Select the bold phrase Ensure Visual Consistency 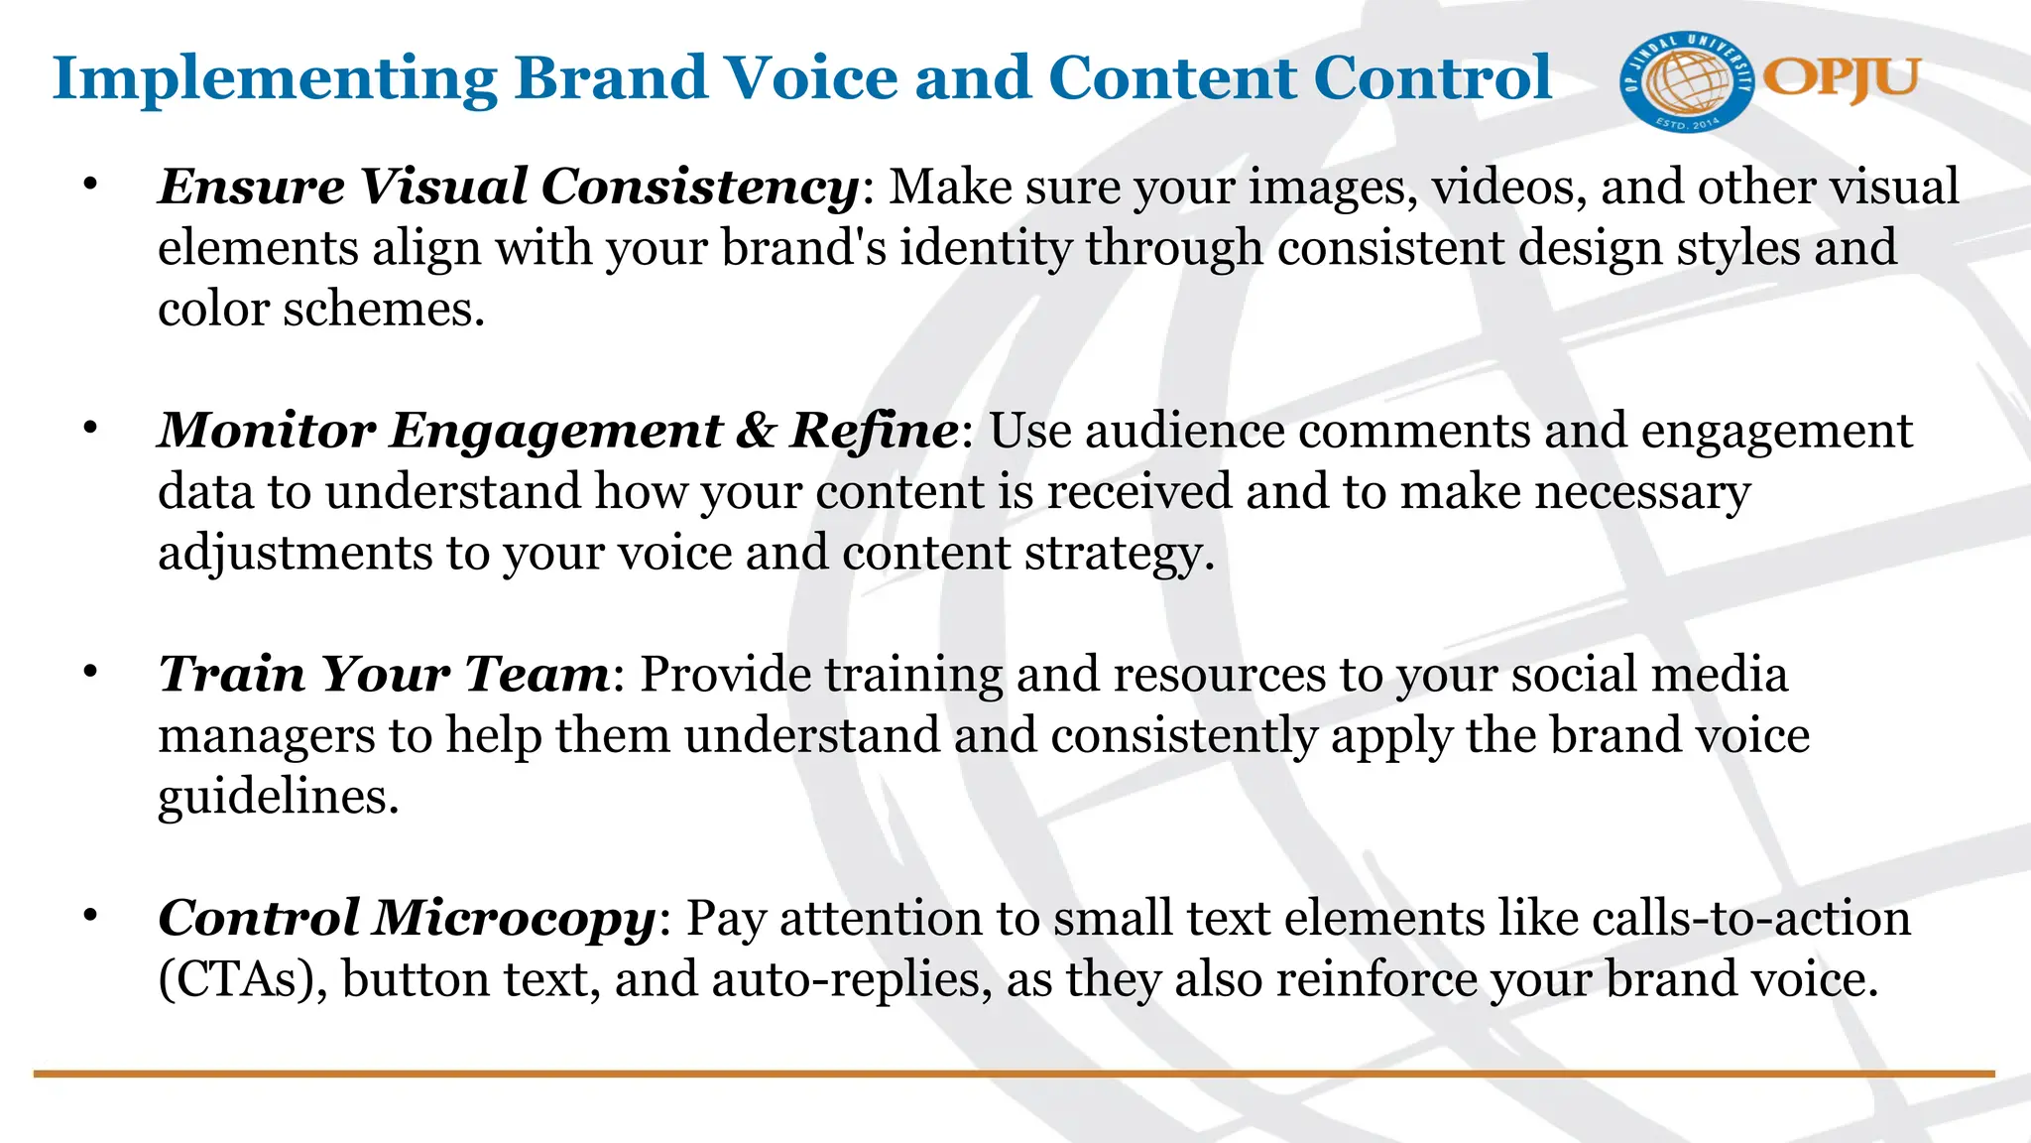509,187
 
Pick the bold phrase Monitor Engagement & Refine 558,431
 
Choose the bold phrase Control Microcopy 407,918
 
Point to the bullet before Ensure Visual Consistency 91,185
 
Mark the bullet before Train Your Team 91,673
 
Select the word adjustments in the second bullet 296,553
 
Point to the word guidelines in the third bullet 278,797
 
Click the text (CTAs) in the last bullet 243,979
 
